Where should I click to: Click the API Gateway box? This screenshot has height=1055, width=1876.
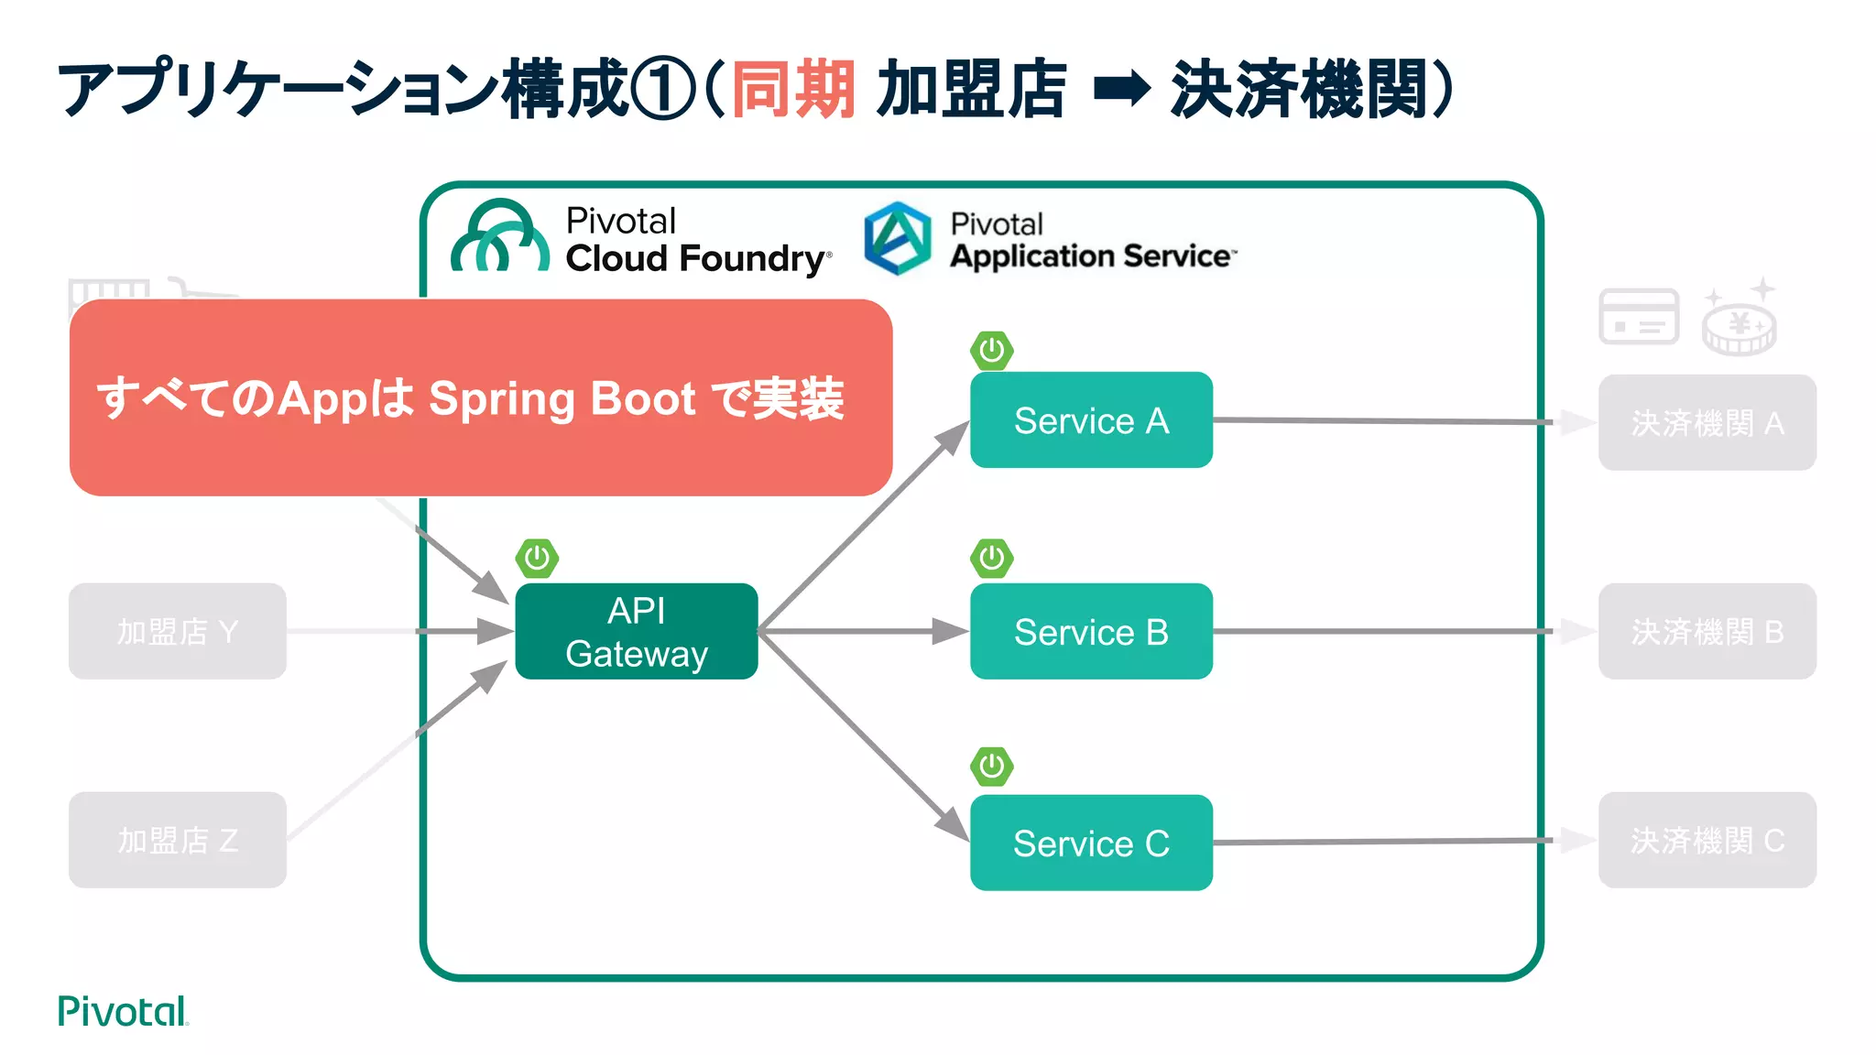tap(636, 631)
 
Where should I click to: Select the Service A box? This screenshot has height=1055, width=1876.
tap(1091, 420)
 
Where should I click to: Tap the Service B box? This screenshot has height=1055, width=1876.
tap(1091, 631)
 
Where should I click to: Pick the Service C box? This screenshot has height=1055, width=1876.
tap(1091, 843)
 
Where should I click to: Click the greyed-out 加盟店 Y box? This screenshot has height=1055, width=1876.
tap(178, 631)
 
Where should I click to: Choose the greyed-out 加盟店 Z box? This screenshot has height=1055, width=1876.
tap(178, 840)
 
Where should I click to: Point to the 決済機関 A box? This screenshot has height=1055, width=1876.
tap(1707, 422)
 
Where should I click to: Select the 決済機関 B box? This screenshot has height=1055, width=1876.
tap(1707, 631)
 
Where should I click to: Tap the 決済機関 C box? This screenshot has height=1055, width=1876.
tap(1707, 840)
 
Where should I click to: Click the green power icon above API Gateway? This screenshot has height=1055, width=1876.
tap(537, 558)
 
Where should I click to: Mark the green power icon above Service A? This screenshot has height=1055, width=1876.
tap(991, 351)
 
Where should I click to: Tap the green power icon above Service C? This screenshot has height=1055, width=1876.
tap(991, 767)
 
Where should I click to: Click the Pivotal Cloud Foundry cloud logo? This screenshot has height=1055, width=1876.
tap(500, 238)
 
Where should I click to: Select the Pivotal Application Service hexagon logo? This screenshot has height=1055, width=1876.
tap(898, 238)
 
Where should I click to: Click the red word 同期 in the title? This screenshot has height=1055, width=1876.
tap(793, 90)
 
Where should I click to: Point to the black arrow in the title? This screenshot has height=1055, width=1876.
tap(1121, 90)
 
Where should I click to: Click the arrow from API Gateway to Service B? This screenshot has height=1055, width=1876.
tap(861, 631)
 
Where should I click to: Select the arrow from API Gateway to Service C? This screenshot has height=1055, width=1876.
tap(861, 733)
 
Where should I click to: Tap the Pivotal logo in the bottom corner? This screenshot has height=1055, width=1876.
tap(122, 1011)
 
